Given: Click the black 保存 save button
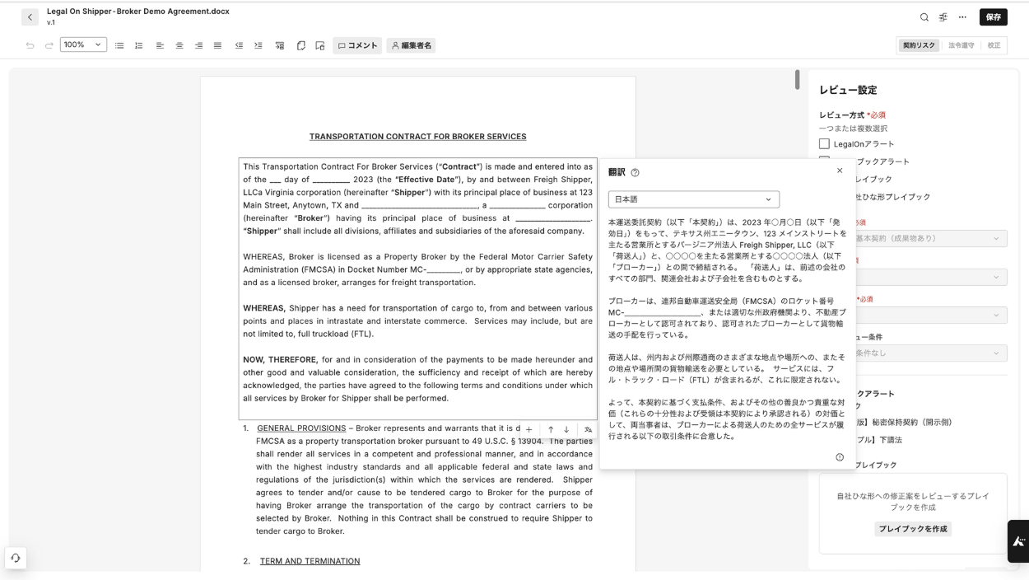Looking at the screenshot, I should [993, 17].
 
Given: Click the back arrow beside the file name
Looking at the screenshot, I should [30, 17].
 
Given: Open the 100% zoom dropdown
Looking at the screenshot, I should [83, 44].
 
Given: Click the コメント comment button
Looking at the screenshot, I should [357, 45].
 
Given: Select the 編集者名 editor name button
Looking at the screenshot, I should [411, 45].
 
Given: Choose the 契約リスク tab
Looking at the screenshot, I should [919, 45].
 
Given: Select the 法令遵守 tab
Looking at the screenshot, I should [961, 45].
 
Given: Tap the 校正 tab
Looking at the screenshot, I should [994, 45].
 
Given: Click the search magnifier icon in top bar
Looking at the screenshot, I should [924, 17].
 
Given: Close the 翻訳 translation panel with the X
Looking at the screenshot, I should [840, 171].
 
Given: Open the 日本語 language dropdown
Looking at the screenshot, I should [693, 199].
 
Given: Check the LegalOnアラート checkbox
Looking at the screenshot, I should [824, 144].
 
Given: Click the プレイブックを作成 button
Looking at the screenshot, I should [912, 529].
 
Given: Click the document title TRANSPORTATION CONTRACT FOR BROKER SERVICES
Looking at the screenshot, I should [417, 137].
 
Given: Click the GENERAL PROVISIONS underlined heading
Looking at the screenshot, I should [301, 428].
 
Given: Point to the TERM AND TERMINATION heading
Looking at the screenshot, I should [310, 561].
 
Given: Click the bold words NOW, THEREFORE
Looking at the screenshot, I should [280, 360].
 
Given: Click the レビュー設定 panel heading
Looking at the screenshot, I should [848, 90].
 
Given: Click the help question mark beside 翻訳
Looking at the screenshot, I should [635, 173].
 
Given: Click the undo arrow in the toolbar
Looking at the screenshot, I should [30, 45].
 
